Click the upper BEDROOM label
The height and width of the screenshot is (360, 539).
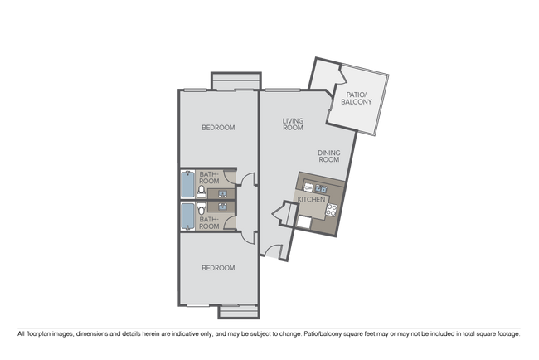[x=218, y=128]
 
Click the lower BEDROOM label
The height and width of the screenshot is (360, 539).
[x=218, y=268]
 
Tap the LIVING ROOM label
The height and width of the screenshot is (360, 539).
[x=292, y=124]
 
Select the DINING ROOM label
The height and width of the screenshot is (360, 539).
[x=331, y=157]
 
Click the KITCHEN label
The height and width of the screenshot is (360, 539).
[x=312, y=201]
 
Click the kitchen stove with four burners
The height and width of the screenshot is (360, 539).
[x=331, y=210]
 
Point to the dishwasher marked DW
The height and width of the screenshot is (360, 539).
[x=308, y=187]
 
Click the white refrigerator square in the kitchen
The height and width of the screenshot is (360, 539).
[x=307, y=220]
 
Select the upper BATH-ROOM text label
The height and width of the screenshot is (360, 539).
[x=209, y=178]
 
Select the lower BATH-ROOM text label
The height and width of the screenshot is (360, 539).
[x=209, y=223]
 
